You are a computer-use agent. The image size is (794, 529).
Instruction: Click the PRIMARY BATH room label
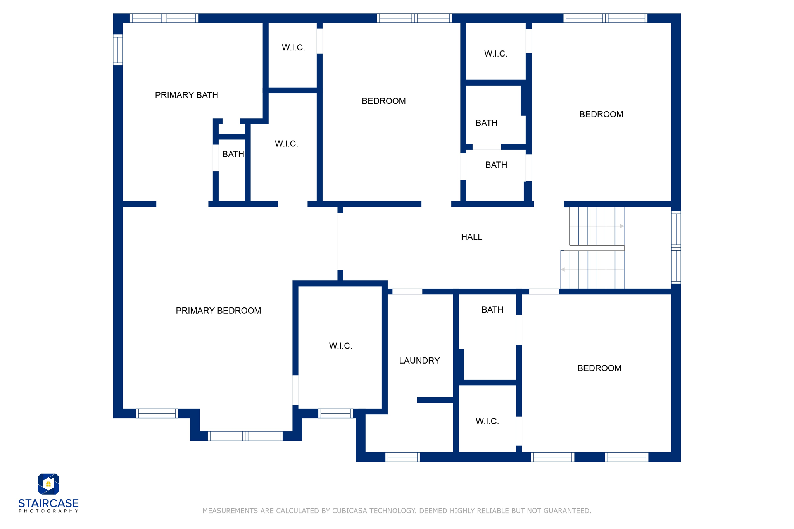click(186, 95)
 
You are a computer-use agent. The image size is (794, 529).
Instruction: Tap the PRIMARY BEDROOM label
click(218, 311)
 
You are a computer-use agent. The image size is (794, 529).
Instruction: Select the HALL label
click(471, 237)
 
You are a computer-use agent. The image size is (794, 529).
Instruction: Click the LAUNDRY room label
click(419, 361)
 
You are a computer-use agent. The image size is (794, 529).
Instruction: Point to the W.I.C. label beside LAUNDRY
click(340, 346)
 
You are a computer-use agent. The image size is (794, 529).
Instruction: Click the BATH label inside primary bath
click(233, 154)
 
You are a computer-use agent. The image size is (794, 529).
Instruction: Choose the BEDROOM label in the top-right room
click(601, 114)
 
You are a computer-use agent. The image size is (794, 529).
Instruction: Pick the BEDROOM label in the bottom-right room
click(599, 368)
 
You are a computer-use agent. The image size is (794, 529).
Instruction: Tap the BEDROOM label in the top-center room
click(383, 101)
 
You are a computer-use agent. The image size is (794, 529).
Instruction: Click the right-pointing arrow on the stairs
click(622, 226)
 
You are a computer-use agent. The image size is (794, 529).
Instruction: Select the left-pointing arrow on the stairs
click(563, 270)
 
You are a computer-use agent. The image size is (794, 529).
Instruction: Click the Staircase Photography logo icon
click(48, 484)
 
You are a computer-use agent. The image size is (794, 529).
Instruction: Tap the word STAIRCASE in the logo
click(48, 503)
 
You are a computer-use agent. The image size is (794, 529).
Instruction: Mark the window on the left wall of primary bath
click(118, 50)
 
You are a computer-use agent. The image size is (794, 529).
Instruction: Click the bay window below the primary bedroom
click(245, 436)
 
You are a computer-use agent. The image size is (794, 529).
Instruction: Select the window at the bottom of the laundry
click(402, 457)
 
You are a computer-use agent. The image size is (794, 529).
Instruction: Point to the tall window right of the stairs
click(676, 248)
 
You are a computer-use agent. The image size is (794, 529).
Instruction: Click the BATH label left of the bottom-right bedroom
click(492, 310)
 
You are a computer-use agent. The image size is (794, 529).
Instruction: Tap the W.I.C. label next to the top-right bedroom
click(495, 54)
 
